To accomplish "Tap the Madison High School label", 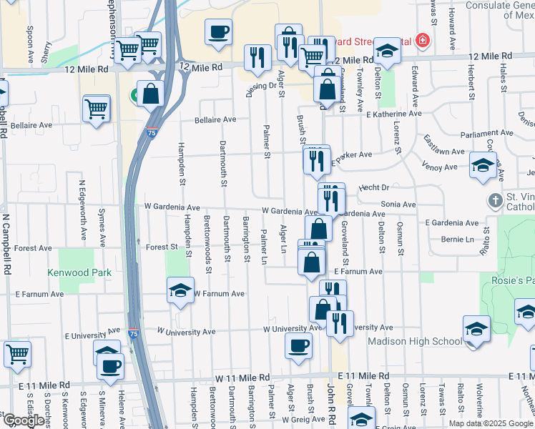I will click(415, 341).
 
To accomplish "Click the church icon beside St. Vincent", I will click(494, 201).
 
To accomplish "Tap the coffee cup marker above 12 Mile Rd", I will click(218, 32).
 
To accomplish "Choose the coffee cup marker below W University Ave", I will click(298, 346).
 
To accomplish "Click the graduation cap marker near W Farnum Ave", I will click(180, 290).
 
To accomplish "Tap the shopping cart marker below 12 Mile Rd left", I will click(97, 109).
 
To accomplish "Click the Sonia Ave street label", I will click(398, 204).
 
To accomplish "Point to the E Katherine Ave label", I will click(393, 114).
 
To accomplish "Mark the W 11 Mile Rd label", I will click(243, 377).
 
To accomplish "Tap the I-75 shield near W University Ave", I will click(133, 333).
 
